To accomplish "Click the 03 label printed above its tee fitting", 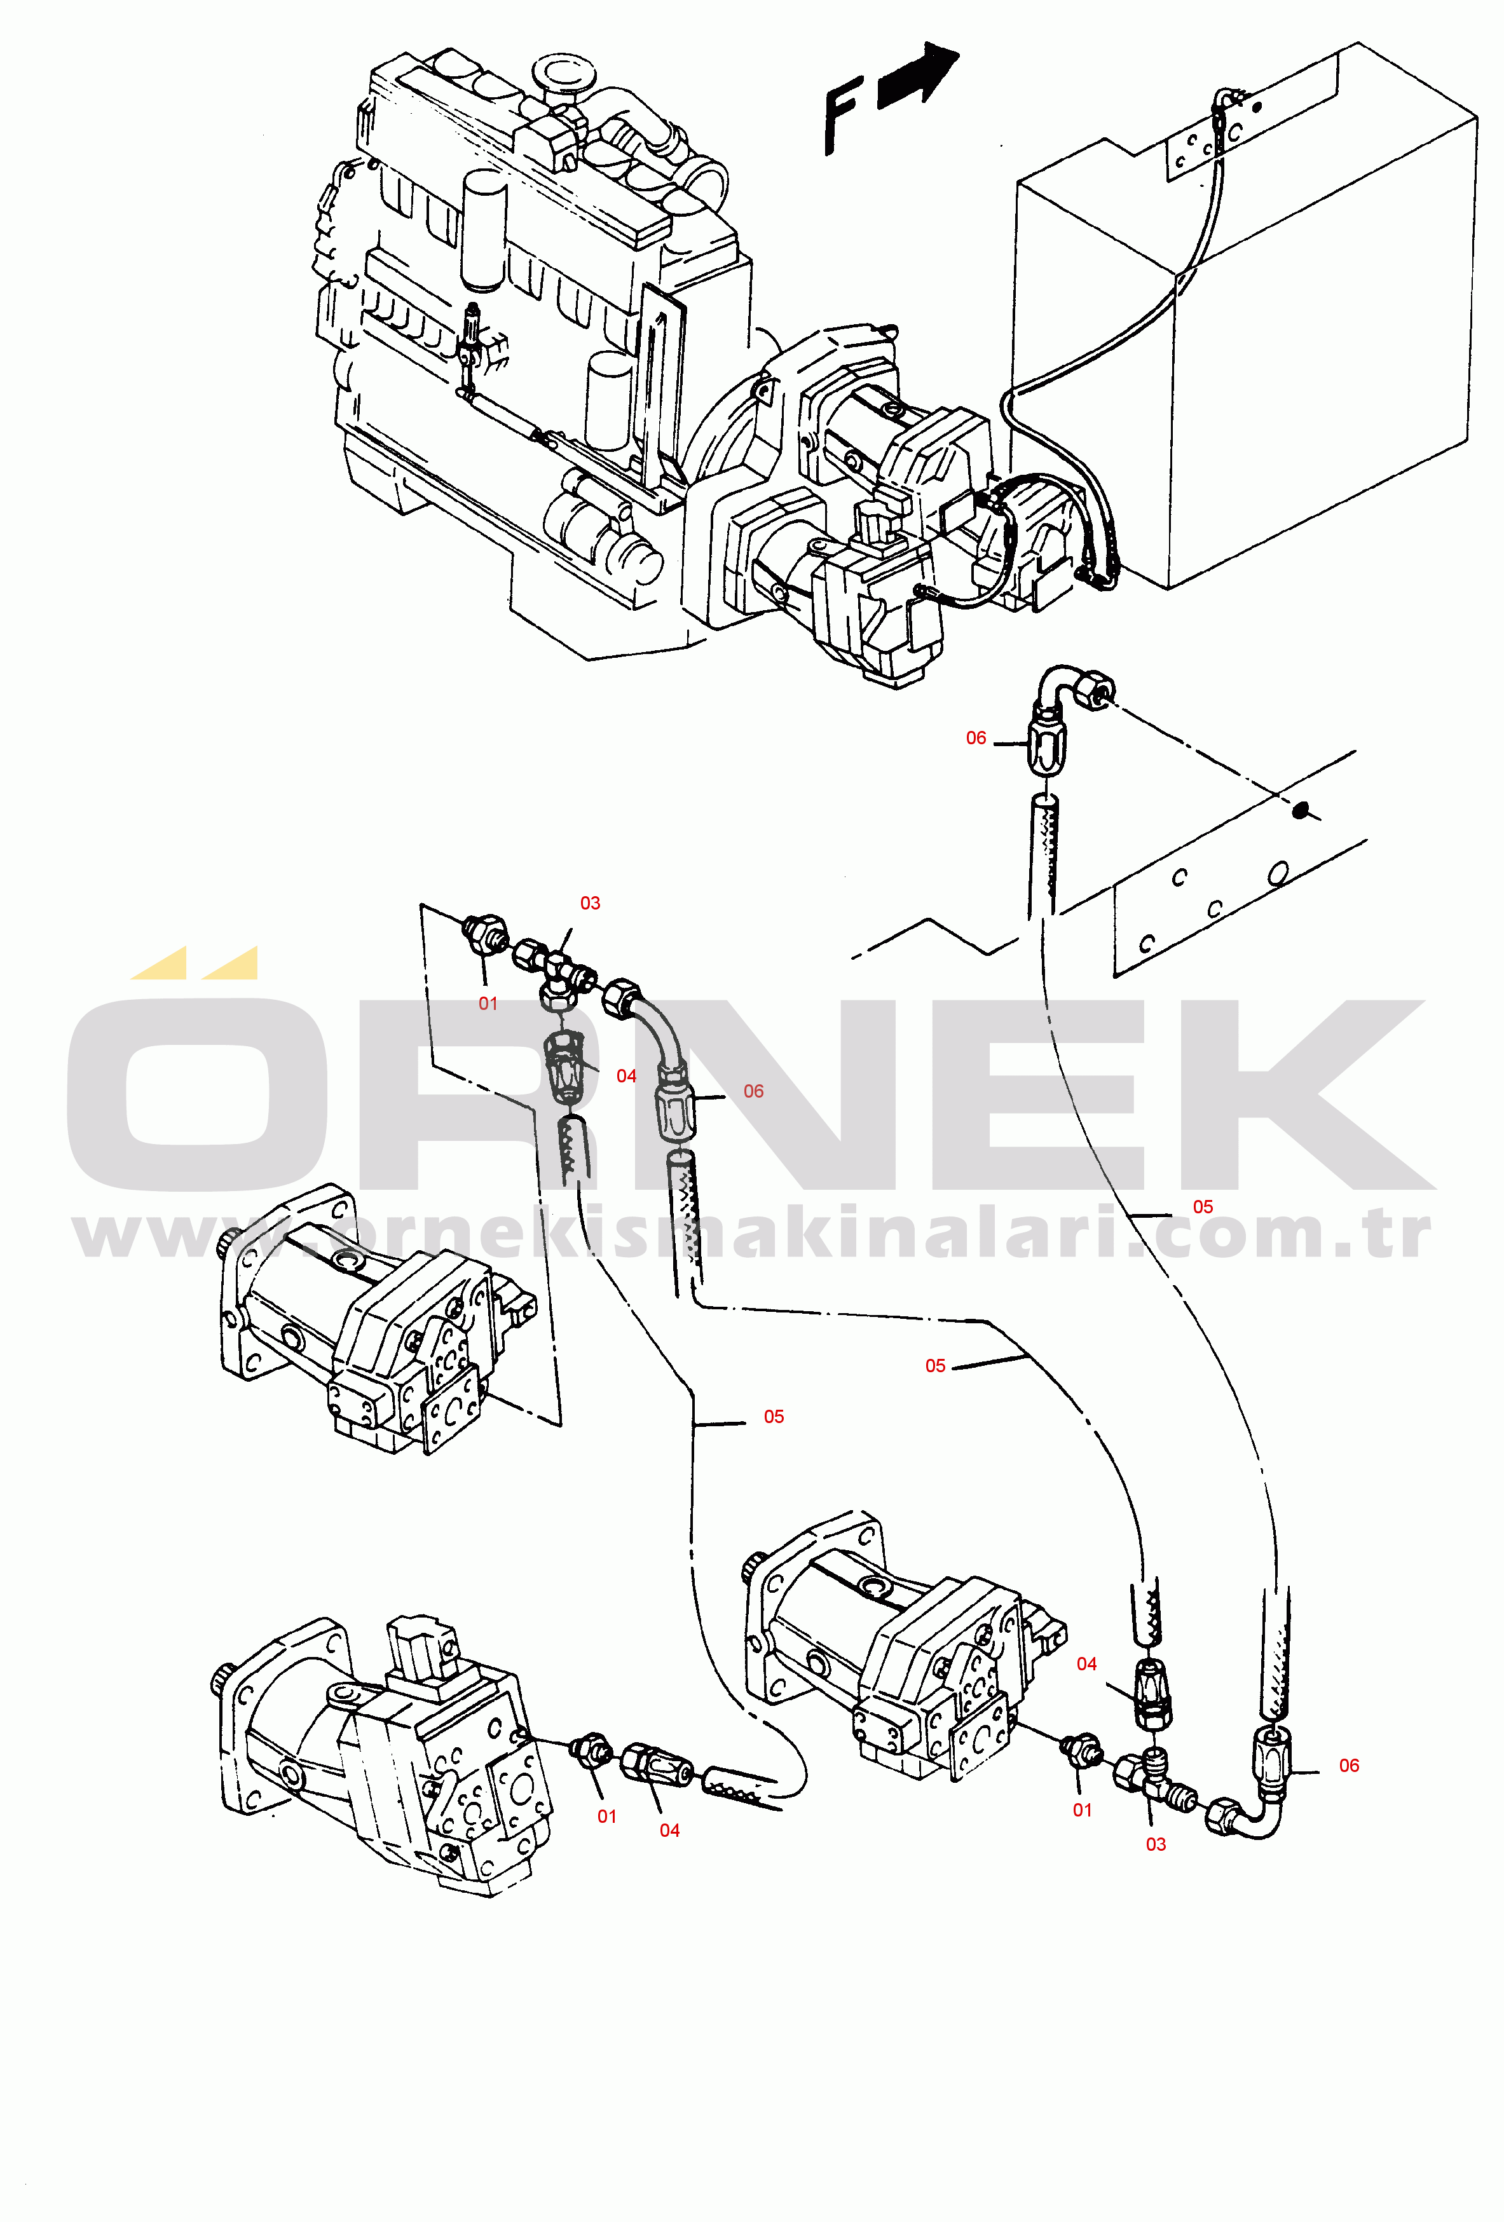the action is click(x=590, y=903).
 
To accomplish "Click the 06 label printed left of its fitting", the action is click(x=975, y=737).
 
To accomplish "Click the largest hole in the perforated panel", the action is click(x=1278, y=873).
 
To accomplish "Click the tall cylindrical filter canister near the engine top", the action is click(x=483, y=229).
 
